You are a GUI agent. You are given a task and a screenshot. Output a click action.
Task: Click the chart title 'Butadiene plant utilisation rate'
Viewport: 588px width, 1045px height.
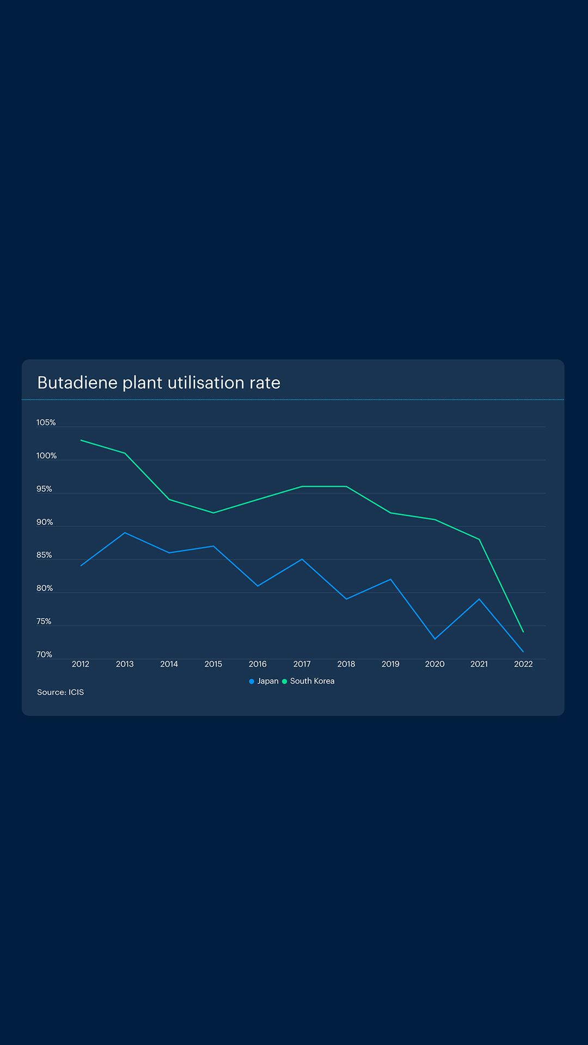tap(158, 383)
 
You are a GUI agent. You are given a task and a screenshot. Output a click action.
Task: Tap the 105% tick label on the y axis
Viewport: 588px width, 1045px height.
tap(46, 423)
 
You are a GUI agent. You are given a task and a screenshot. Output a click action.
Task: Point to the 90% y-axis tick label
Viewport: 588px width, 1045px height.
tap(45, 522)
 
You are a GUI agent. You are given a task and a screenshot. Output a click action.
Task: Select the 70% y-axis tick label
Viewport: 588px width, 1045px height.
tap(44, 655)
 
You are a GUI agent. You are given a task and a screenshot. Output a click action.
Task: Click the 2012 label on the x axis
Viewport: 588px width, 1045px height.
tap(81, 664)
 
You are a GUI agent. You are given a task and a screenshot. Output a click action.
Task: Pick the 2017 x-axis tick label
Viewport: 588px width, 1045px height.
tap(302, 664)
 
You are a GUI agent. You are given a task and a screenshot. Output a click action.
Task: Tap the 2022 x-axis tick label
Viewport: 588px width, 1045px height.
tap(523, 664)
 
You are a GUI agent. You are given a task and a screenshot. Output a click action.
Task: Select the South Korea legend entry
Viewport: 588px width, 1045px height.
tap(309, 681)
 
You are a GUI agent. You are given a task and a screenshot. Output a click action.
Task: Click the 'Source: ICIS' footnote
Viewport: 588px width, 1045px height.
tap(60, 692)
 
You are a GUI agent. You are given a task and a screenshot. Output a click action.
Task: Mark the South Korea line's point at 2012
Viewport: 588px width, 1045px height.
tap(81, 440)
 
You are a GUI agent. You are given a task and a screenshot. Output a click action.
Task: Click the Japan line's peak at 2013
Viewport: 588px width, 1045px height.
tap(125, 533)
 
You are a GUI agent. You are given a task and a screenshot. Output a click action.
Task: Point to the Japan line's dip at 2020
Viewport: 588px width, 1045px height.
tap(434, 639)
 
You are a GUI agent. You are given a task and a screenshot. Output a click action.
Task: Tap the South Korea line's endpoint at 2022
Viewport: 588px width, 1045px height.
tap(523, 632)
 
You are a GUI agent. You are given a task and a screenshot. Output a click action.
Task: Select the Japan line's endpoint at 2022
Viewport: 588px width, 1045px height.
tap(523, 652)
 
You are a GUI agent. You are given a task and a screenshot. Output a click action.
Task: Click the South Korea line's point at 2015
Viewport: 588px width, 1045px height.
tap(213, 513)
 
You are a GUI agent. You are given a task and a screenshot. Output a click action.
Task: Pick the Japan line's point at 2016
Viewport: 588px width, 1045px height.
tap(258, 586)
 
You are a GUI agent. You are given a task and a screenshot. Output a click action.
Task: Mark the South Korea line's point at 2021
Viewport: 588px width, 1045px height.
tap(479, 539)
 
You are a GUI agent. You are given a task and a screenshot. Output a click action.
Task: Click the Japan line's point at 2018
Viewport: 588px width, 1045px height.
tap(346, 599)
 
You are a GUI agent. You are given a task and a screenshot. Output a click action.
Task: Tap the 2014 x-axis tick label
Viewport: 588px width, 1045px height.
tap(169, 664)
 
